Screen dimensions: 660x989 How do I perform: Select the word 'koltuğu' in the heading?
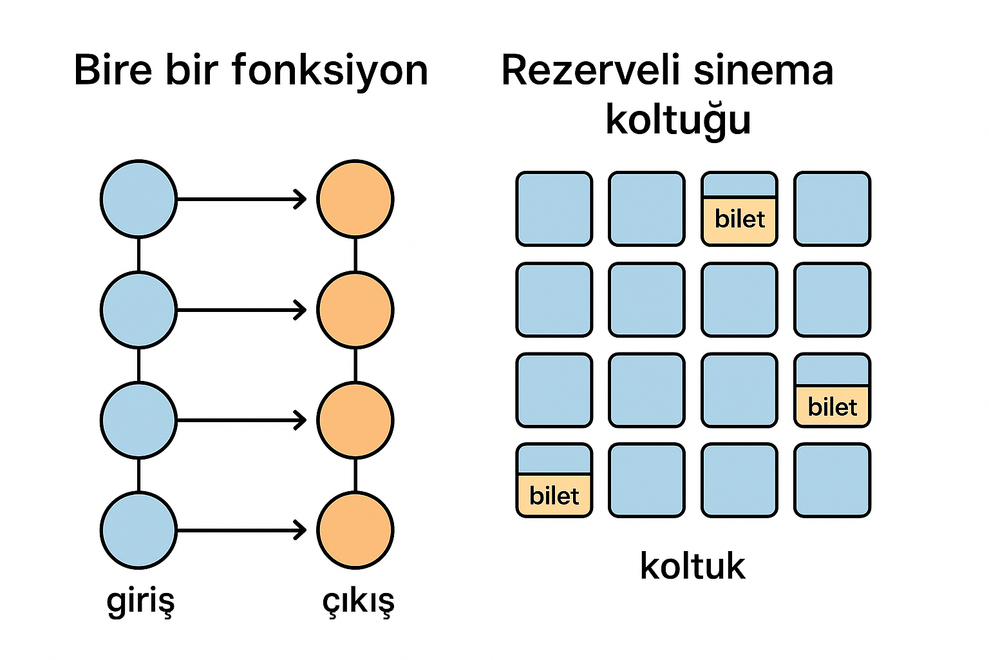pos(678,119)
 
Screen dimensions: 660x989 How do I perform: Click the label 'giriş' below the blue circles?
pos(140,601)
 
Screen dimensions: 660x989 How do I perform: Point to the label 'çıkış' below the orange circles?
pos(358,601)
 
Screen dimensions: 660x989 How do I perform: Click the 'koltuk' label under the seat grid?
pos(692,566)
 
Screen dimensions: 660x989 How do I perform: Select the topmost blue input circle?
pos(138,199)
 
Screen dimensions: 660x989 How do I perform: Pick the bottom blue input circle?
pos(138,530)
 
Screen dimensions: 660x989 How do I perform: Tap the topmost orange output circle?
pos(355,199)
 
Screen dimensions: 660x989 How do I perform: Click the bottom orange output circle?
pos(355,530)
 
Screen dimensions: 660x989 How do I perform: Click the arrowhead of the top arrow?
pos(301,199)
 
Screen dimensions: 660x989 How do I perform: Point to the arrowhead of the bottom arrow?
pos(301,530)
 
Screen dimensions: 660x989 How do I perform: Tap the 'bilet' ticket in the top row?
pos(739,220)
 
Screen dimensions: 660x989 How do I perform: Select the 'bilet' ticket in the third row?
pos(832,407)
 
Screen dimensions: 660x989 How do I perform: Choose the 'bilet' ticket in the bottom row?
pos(554,495)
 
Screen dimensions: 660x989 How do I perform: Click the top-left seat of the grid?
pos(554,209)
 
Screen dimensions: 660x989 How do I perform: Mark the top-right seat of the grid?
pos(832,209)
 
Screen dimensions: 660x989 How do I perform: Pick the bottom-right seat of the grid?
pos(832,480)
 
